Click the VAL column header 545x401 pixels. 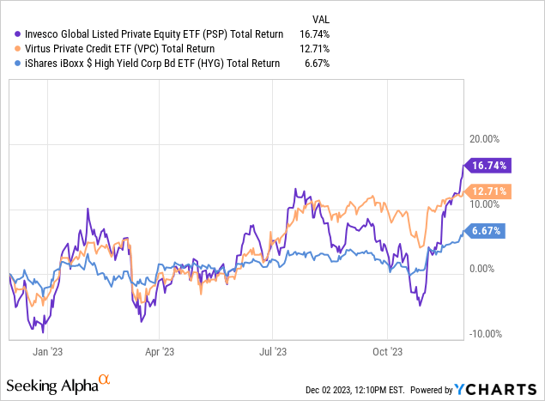(318, 16)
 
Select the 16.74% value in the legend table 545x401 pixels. (313, 33)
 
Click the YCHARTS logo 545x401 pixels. (503, 389)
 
